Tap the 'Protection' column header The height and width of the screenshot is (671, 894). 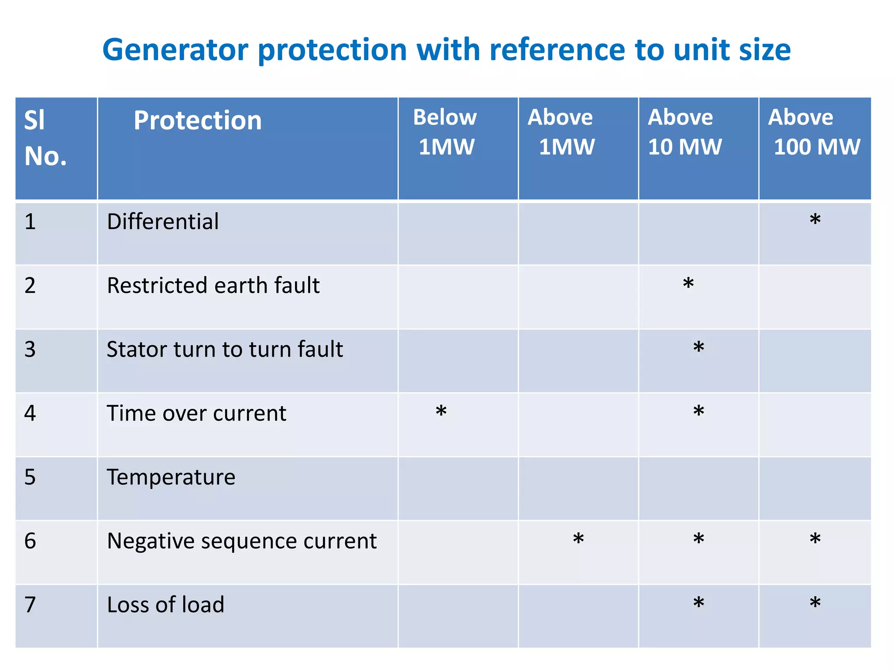pos(197,121)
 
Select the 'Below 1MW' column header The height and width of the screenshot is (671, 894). pos(445,132)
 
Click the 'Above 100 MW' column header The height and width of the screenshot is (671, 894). pos(814,132)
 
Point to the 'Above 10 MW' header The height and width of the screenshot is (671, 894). pos(684,132)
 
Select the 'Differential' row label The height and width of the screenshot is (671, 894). pos(163,221)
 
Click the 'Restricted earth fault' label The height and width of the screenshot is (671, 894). pos(213,286)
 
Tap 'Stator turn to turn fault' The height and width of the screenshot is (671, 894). pos(224,349)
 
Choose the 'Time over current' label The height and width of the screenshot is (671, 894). pos(196,413)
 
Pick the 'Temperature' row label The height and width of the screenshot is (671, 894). pos(171,477)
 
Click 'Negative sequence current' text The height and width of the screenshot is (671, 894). pos(241,541)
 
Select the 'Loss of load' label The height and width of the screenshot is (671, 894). pos(165,605)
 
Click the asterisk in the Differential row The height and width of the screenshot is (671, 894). pos(815,219)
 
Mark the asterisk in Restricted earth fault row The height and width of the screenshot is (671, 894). pos(688,283)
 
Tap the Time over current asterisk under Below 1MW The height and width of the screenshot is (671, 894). pos(441,411)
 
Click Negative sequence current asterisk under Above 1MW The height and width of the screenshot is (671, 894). pos(578,539)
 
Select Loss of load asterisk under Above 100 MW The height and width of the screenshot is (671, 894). pos(815,603)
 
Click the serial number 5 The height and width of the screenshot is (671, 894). pos(30,477)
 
